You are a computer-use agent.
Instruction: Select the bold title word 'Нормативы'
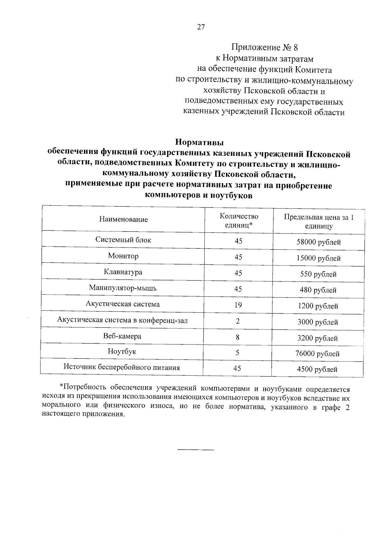[x=199, y=142]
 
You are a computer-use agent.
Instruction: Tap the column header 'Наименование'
[x=124, y=219]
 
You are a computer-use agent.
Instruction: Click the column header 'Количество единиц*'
[x=239, y=221]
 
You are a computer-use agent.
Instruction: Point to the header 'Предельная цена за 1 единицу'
[x=318, y=221]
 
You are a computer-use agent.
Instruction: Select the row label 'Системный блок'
[x=123, y=240]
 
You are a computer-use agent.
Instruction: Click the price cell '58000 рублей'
[x=318, y=242]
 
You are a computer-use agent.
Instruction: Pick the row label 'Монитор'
[x=123, y=256]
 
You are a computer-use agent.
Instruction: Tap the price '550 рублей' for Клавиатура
[x=318, y=274]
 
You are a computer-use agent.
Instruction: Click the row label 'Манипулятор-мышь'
[x=123, y=288]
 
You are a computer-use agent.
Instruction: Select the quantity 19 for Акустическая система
[x=238, y=305]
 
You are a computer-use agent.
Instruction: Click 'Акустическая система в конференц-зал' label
[x=123, y=320]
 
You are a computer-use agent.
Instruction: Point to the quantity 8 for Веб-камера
[x=238, y=337]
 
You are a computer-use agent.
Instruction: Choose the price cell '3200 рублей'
[x=317, y=338]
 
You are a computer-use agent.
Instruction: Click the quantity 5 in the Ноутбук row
[x=237, y=353]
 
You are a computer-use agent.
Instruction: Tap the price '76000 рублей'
[x=317, y=354]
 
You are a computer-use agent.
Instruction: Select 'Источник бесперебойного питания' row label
[x=122, y=367]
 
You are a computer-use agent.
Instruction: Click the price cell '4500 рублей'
[x=317, y=370]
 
